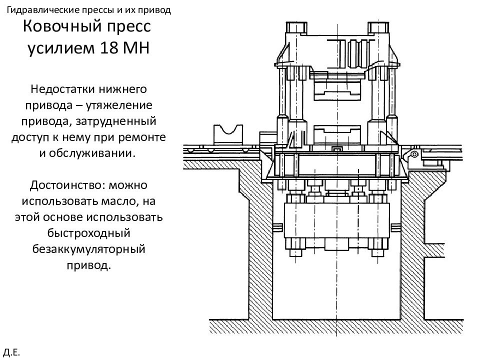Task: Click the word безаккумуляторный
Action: click(x=89, y=249)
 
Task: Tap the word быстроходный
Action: click(x=89, y=233)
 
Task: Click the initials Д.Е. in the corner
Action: click(x=12, y=352)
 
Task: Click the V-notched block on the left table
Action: click(x=228, y=135)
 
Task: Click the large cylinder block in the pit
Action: click(x=336, y=220)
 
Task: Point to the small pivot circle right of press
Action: click(x=414, y=154)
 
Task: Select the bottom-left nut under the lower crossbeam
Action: click(x=295, y=253)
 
